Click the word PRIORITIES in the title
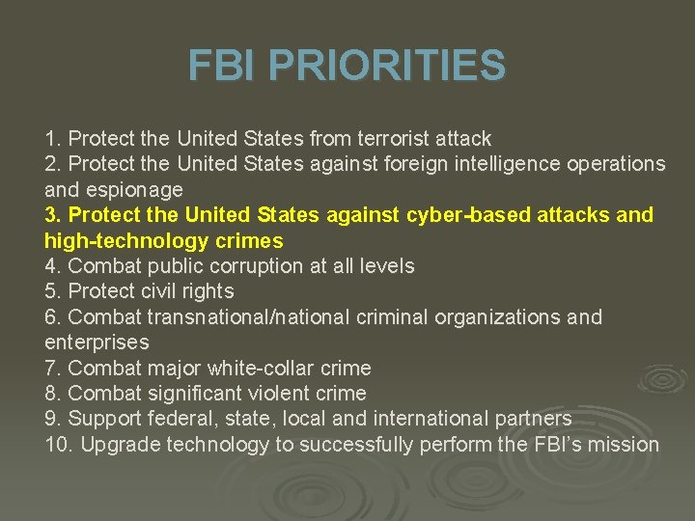coord(386,66)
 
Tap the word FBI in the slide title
coord(224,66)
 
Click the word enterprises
coord(97,342)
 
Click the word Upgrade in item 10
coord(121,444)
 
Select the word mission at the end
coord(623,444)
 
